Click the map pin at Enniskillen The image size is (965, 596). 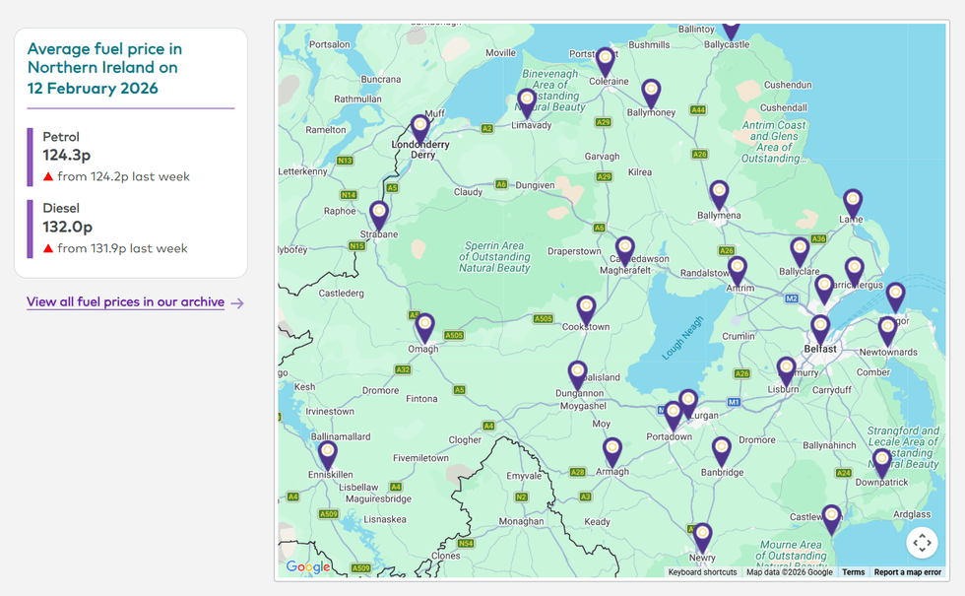328,454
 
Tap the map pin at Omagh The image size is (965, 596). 424,326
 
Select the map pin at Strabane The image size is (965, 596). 379,214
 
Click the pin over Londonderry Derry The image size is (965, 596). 420,128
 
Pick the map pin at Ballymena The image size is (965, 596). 720,193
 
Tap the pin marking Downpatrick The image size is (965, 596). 882,461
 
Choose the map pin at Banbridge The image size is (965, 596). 722,450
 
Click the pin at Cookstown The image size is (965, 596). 587,309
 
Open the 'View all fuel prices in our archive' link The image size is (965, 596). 125,302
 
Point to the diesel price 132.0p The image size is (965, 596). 67,227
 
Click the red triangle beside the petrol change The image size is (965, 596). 47,177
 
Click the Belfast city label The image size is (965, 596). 819,349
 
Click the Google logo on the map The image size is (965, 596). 308,566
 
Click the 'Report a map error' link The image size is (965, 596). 907,572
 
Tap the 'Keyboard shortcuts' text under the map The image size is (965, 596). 702,572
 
